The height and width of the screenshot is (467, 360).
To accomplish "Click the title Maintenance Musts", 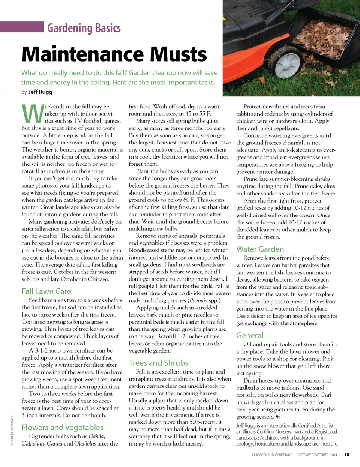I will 114,54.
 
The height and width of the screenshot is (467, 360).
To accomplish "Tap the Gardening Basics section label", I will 84,28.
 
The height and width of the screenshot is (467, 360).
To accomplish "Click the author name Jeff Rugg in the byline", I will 40,92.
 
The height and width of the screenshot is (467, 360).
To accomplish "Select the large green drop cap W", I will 33,114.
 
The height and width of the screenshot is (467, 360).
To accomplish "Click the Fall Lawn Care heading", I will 46,291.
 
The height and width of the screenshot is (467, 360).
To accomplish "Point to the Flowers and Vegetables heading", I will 62,428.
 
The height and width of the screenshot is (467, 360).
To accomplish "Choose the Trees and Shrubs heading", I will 158,363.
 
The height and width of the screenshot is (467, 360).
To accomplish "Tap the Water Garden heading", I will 260,249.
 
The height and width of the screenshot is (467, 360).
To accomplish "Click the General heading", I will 250,336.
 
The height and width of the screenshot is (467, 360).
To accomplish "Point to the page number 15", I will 347,455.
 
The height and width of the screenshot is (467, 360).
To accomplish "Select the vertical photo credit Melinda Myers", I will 12,430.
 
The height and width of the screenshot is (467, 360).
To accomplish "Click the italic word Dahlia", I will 96,437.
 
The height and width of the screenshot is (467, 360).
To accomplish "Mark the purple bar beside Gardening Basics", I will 22,27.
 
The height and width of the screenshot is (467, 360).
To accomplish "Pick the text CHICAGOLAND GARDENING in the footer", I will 272,455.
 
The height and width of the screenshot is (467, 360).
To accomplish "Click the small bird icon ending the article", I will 278,417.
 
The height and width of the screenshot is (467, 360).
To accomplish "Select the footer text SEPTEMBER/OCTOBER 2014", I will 317,455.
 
